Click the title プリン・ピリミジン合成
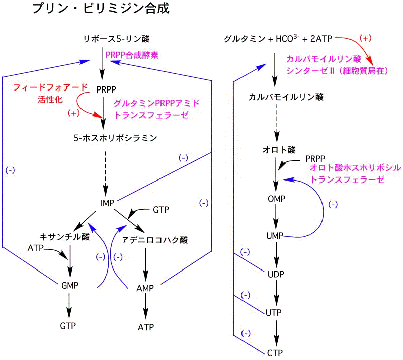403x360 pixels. point(101,9)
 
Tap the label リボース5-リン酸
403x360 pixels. point(117,39)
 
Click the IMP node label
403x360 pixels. point(107,203)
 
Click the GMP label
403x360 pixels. point(70,285)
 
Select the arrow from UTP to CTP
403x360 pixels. point(275,332)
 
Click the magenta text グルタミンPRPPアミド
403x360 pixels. point(156,103)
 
